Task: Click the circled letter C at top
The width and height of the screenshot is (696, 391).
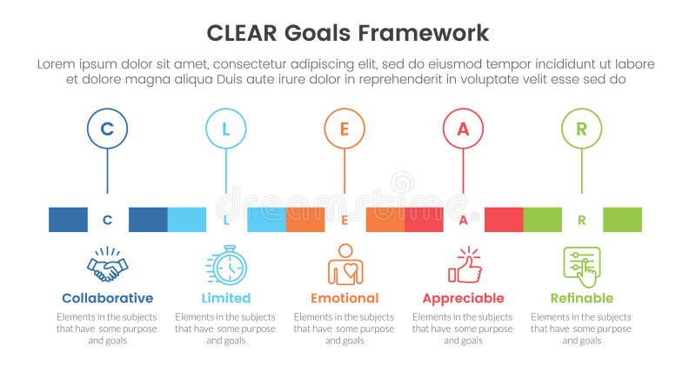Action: (x=107, y=129)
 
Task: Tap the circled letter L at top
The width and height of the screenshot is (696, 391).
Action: (x=226, y=129)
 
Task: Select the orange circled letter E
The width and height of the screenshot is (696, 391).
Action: (x=345, y=129)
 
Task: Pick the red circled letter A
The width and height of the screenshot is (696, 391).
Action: (x=463, y=129)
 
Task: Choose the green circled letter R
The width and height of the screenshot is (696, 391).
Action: (x=581, y=129)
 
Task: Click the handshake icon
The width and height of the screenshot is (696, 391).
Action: (x=107, y=265)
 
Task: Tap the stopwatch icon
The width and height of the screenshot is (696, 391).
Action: (x=226, y=265)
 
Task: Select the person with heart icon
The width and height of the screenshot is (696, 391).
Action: (x=345, y=265)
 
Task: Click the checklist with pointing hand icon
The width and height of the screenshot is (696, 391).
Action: (x=582, y=266)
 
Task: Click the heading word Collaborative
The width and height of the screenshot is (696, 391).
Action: (x=107, y=298)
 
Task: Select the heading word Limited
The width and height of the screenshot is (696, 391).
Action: (x=225, y=298)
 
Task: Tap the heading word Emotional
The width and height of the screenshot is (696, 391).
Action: (x=345, y=298)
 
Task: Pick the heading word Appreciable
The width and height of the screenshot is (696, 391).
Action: (x=463, y=298)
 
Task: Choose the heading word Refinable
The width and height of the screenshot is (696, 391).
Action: (x=581, y=298)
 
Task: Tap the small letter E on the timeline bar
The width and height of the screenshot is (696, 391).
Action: (x=345, y=220)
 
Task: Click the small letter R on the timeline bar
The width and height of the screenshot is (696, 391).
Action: (x=581, y=220)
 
